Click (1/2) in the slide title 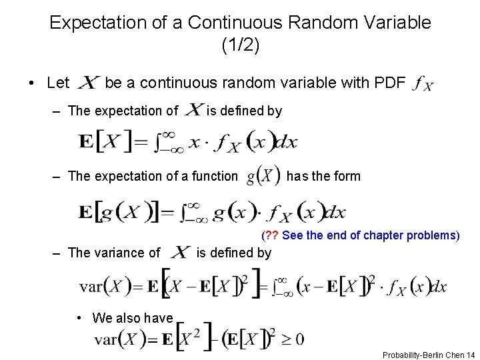[x=240, y=45]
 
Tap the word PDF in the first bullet [x=390, y=83]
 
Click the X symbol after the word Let [x=89, y=83]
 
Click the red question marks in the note [x=271, y=235]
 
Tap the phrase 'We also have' [x=133, y=318]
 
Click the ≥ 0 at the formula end [x=291, y=339]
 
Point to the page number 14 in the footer [x=471, y=355]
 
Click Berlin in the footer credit [x=435, y=355]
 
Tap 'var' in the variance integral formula [x=91, y=287]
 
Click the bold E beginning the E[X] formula [x=85, y=143]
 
